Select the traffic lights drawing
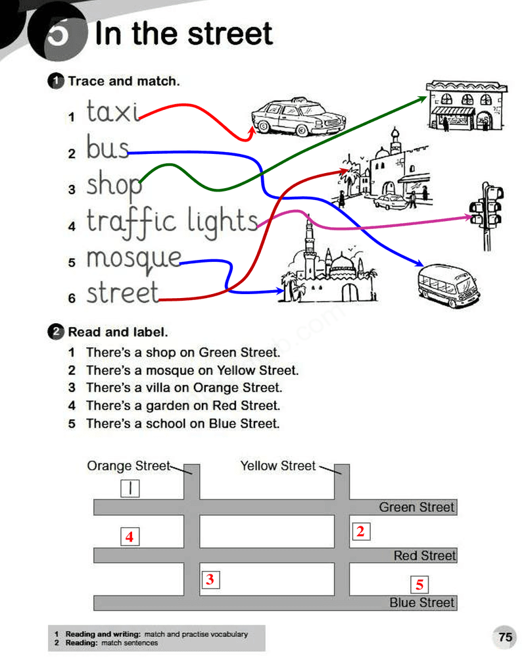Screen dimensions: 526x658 click(487, 214)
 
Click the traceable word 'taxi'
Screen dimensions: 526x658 click(112, 111)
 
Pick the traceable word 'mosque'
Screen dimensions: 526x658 click(133, 259)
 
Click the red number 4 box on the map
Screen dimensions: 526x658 click(130, 537)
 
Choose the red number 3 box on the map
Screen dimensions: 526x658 click(210, 580)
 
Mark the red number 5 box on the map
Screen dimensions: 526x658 click(419, 584)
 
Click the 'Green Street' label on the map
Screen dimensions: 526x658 click(417, 507)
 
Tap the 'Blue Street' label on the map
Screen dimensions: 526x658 click(422, 603)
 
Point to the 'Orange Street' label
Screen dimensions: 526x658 click(128, 466)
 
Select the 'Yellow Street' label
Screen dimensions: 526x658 click(278, 466)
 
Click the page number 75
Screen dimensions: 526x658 click(505, 637)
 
